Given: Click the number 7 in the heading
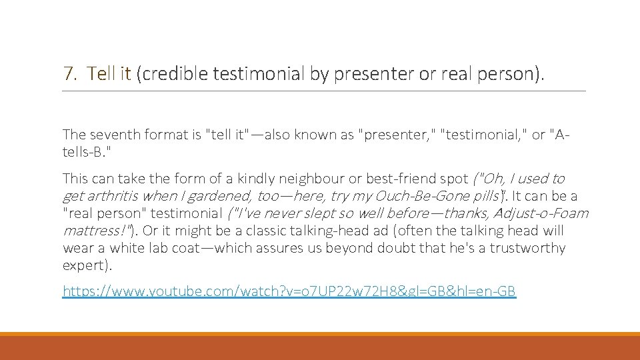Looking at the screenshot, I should tap(67, 73).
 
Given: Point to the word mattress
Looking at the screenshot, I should tap(89, 231).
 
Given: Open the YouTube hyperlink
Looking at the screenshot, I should tap(289, 291).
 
